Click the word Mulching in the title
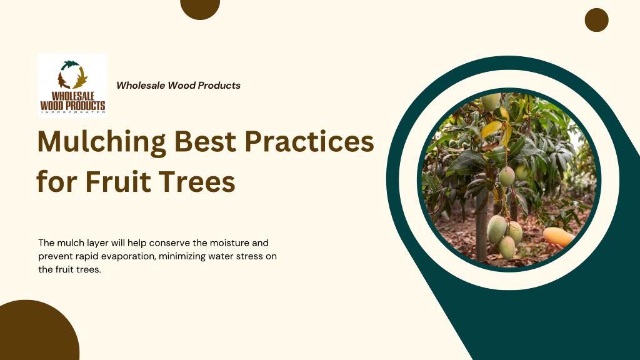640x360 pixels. coord(102,142)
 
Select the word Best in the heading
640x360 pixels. coord(205,141)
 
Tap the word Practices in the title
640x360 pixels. coord(309,141)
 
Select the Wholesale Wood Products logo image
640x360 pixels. coord(72,86)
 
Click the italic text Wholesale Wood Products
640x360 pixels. coord(178,85)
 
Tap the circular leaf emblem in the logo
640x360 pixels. coord(72,75)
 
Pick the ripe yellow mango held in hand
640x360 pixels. coord(558,237)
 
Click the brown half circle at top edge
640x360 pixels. coord(200,8)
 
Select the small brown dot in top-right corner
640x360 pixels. coord(596,20)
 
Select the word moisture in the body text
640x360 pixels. coord(229,243)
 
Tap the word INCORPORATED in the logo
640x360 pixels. coord(72,112)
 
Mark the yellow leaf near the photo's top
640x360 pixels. coord(491,129)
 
